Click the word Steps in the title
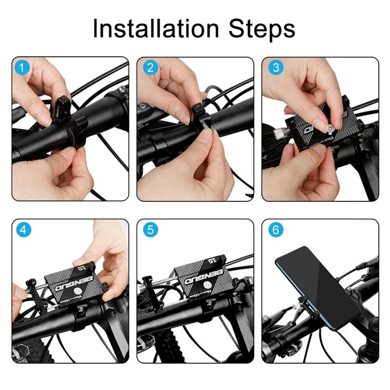point(262,28)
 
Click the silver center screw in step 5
point(207,291)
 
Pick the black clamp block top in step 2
point(197,108)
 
